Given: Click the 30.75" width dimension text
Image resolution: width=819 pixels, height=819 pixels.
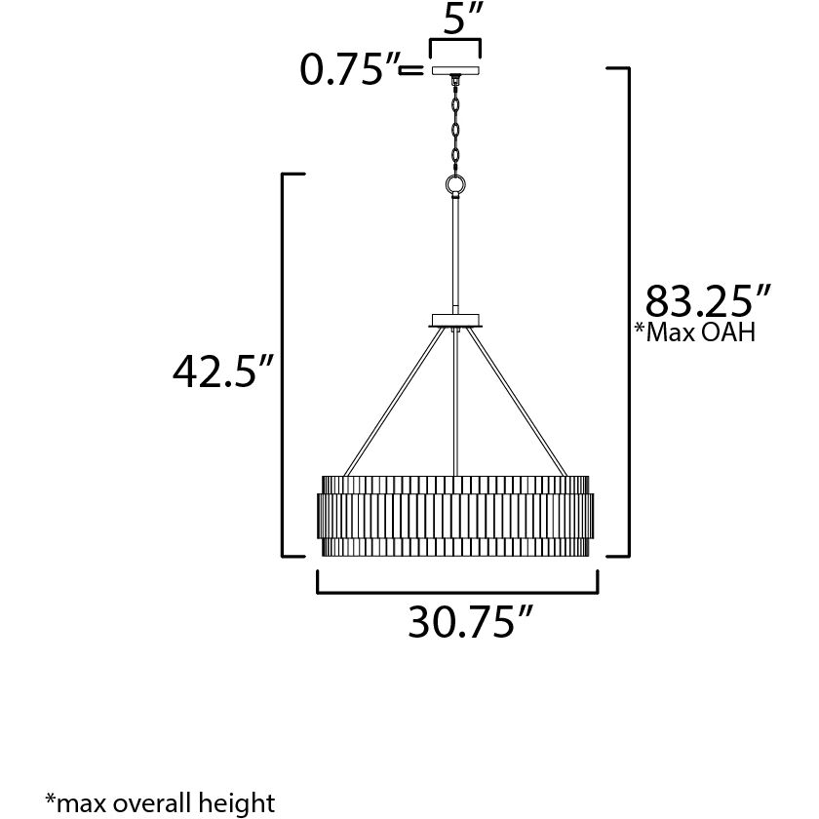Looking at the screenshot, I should (472, 622).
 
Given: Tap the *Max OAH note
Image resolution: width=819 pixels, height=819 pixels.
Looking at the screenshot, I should (695, 332).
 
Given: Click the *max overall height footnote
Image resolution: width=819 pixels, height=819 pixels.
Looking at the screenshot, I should (160, 802).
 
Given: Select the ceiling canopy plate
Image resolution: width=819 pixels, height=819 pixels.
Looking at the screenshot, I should (454, 71).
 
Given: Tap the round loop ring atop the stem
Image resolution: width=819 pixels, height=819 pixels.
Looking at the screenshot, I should (455, 184).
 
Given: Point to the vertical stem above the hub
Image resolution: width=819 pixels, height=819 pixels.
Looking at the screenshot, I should (455, 253).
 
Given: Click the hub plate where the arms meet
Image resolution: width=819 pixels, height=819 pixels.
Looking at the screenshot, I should (455, 320).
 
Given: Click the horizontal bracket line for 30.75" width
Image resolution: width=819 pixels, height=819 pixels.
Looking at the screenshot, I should (456, 591).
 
